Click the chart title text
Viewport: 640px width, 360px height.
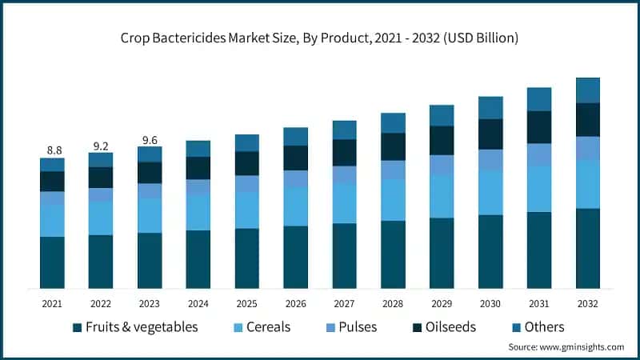click(x=319, y=37)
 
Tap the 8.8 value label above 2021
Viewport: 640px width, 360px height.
click(x=52, y=150)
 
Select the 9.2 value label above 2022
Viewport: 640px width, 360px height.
click(x=101, y=146)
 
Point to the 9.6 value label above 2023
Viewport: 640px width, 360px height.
click(x=150, y=139)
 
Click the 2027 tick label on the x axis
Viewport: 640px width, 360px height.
click(x=344, y=304)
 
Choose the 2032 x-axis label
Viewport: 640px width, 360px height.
click(x=588, y=304)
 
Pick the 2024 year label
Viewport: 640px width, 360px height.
click(x=198, y=304)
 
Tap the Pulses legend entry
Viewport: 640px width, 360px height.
click(x=354, y=326)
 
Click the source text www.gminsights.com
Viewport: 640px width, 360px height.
click(x=566, y=346)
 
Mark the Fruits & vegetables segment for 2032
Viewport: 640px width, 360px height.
click(x=588, y=248)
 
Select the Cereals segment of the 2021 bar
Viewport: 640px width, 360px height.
click(x=52, y=220)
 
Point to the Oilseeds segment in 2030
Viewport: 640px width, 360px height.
click(x=490, y=134)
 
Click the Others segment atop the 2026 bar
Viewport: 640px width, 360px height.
click(x=295, y=136)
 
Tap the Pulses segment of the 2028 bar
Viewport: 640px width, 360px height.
click(x=393, y=170)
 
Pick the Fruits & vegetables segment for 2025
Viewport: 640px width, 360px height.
click(x=246, y=258)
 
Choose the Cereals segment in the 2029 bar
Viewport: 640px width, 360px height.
click(x=442, y=196)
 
